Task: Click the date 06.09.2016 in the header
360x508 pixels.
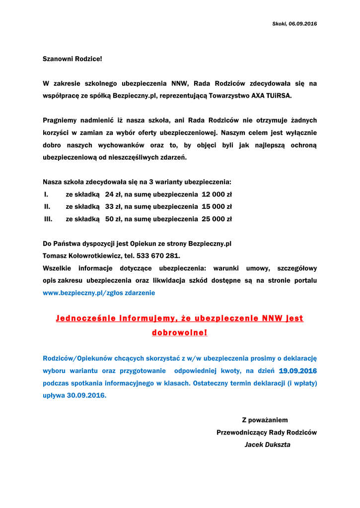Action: tap(303, 24)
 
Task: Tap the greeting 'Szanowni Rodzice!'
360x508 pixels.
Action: tap(72, 59)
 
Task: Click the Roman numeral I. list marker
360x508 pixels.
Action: tap(46, 194)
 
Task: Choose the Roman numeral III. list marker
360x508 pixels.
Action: tap(48, 219)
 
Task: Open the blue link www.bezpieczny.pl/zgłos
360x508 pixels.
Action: tap(85, 293)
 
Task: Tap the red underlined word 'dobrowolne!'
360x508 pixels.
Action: tap(180, 332)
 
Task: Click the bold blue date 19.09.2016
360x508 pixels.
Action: tap(298, 371)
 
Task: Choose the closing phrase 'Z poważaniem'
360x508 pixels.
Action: tap(265, 420)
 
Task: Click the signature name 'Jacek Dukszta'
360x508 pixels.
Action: tap(267, 445)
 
